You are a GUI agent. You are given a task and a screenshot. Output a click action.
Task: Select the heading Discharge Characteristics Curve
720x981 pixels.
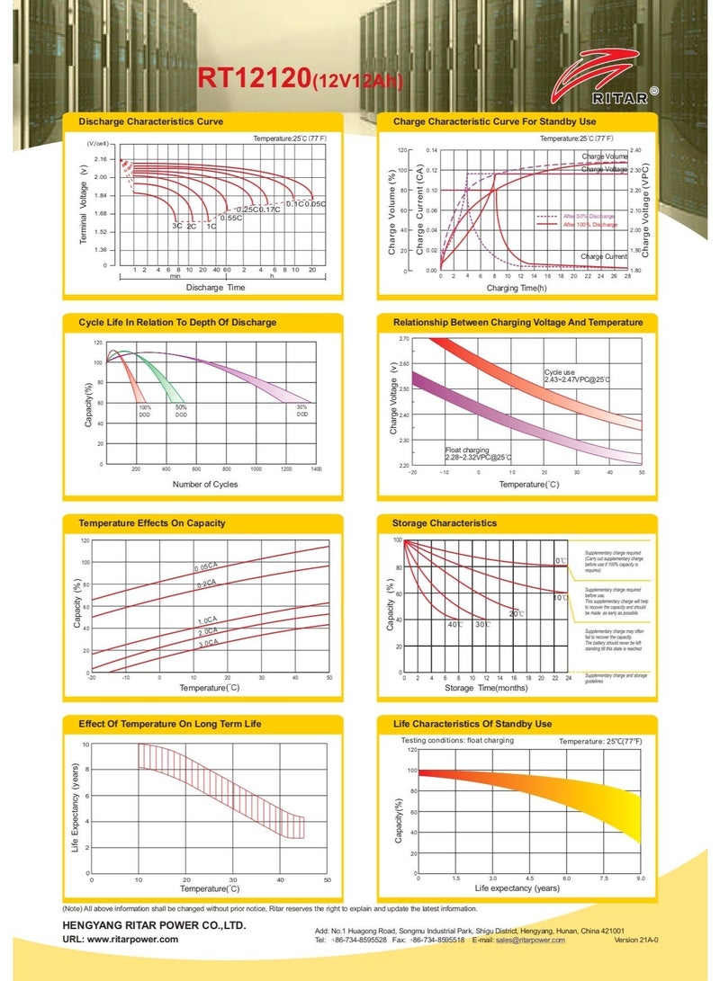pyautogui.click(x=151, y=120)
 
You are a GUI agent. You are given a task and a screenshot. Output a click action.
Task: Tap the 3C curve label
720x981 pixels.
pyautogui.click(x=177, y=227)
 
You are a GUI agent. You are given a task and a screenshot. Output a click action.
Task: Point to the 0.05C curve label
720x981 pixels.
pyautogui.click(x=314, y=204)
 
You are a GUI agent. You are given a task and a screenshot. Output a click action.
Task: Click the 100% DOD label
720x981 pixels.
pyautogui.click(x=145, y=411)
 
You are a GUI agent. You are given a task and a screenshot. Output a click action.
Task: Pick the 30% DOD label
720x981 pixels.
pyautogui.click(x=302, y=411)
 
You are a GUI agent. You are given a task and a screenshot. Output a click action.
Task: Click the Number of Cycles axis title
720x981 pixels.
pyautogui.click(x=205, y=484)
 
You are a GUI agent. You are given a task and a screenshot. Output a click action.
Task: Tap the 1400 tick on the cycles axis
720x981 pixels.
pyautogui.click(x=316, y=469)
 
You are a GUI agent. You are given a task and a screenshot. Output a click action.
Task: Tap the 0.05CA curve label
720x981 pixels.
pyautogui.click(x=206, y=567)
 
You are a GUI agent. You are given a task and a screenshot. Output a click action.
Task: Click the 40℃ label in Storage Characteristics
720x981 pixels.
pyautogui.click(x=454, y=624)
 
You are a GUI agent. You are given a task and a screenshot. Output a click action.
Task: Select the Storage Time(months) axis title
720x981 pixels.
pyautogui.click(x=485, y=688)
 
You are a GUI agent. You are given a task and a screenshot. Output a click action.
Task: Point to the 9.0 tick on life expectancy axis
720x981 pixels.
pyautogui.click(x=641, y=877)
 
